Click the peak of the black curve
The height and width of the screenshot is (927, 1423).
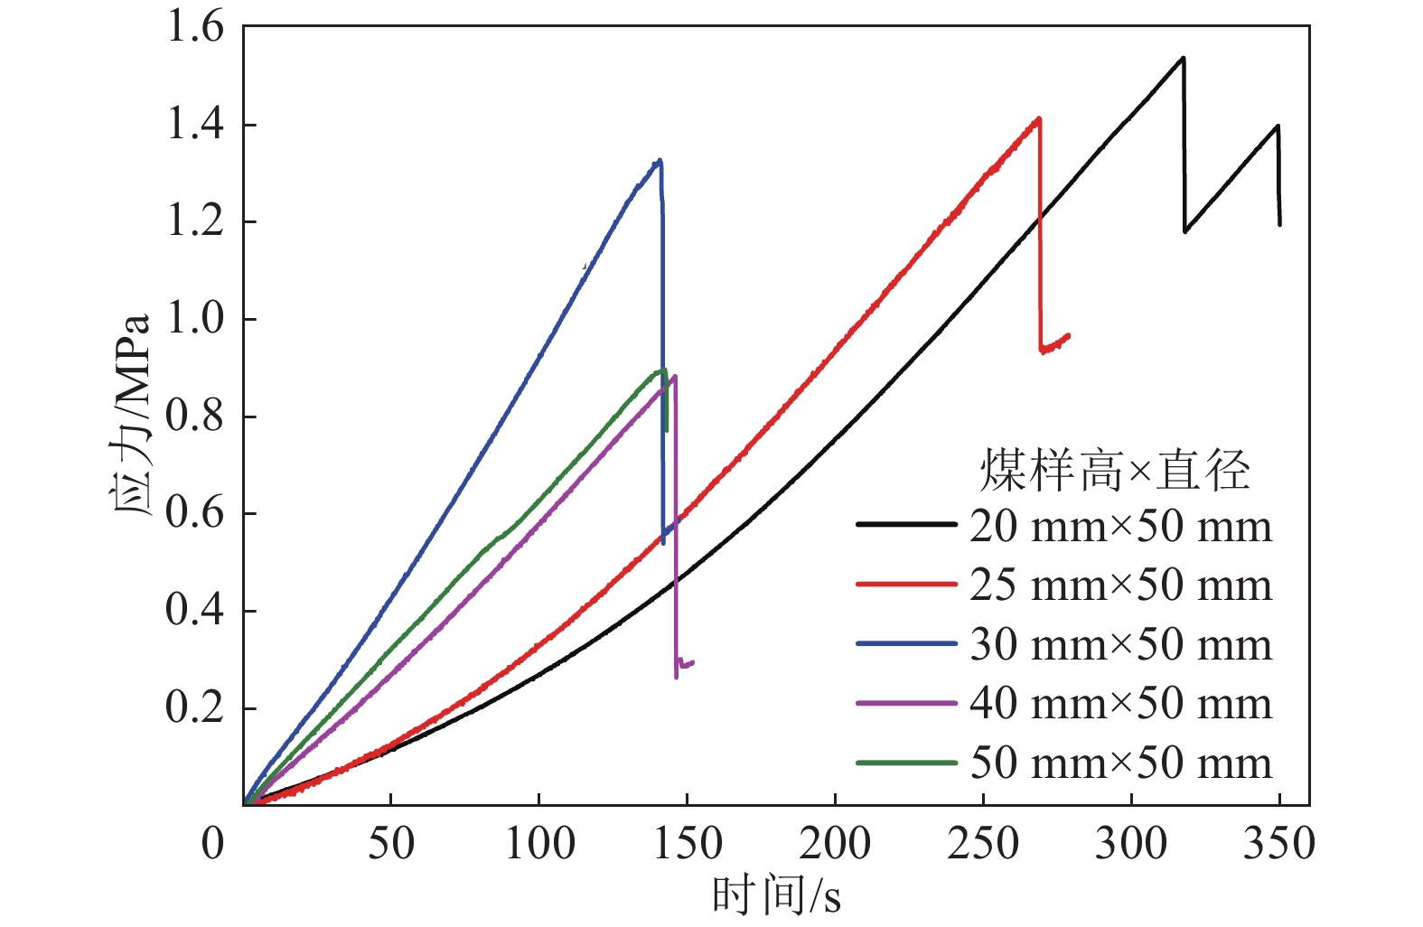[1183, 58]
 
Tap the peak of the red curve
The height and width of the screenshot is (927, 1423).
[1039, 118]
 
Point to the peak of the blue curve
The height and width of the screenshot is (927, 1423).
[660, 161]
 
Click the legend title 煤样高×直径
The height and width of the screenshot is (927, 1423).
[1115, 471]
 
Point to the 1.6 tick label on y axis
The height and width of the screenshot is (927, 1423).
[194, 27]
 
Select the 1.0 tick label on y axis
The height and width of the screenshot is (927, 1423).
[194, 319]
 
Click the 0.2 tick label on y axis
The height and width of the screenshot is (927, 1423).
[194, 708]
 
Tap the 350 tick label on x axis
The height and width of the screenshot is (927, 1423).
[1278, 844]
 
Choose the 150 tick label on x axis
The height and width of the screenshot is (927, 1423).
[686, 844]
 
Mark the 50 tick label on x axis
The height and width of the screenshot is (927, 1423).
[390, 844]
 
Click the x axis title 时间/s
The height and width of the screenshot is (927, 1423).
[776, 895]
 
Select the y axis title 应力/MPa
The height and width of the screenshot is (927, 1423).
[133, 416]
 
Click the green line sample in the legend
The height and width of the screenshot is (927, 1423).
[905, 763]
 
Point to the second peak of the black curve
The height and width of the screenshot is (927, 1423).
[1278, 126]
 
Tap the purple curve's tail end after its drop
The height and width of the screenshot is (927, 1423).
[692, 662]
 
